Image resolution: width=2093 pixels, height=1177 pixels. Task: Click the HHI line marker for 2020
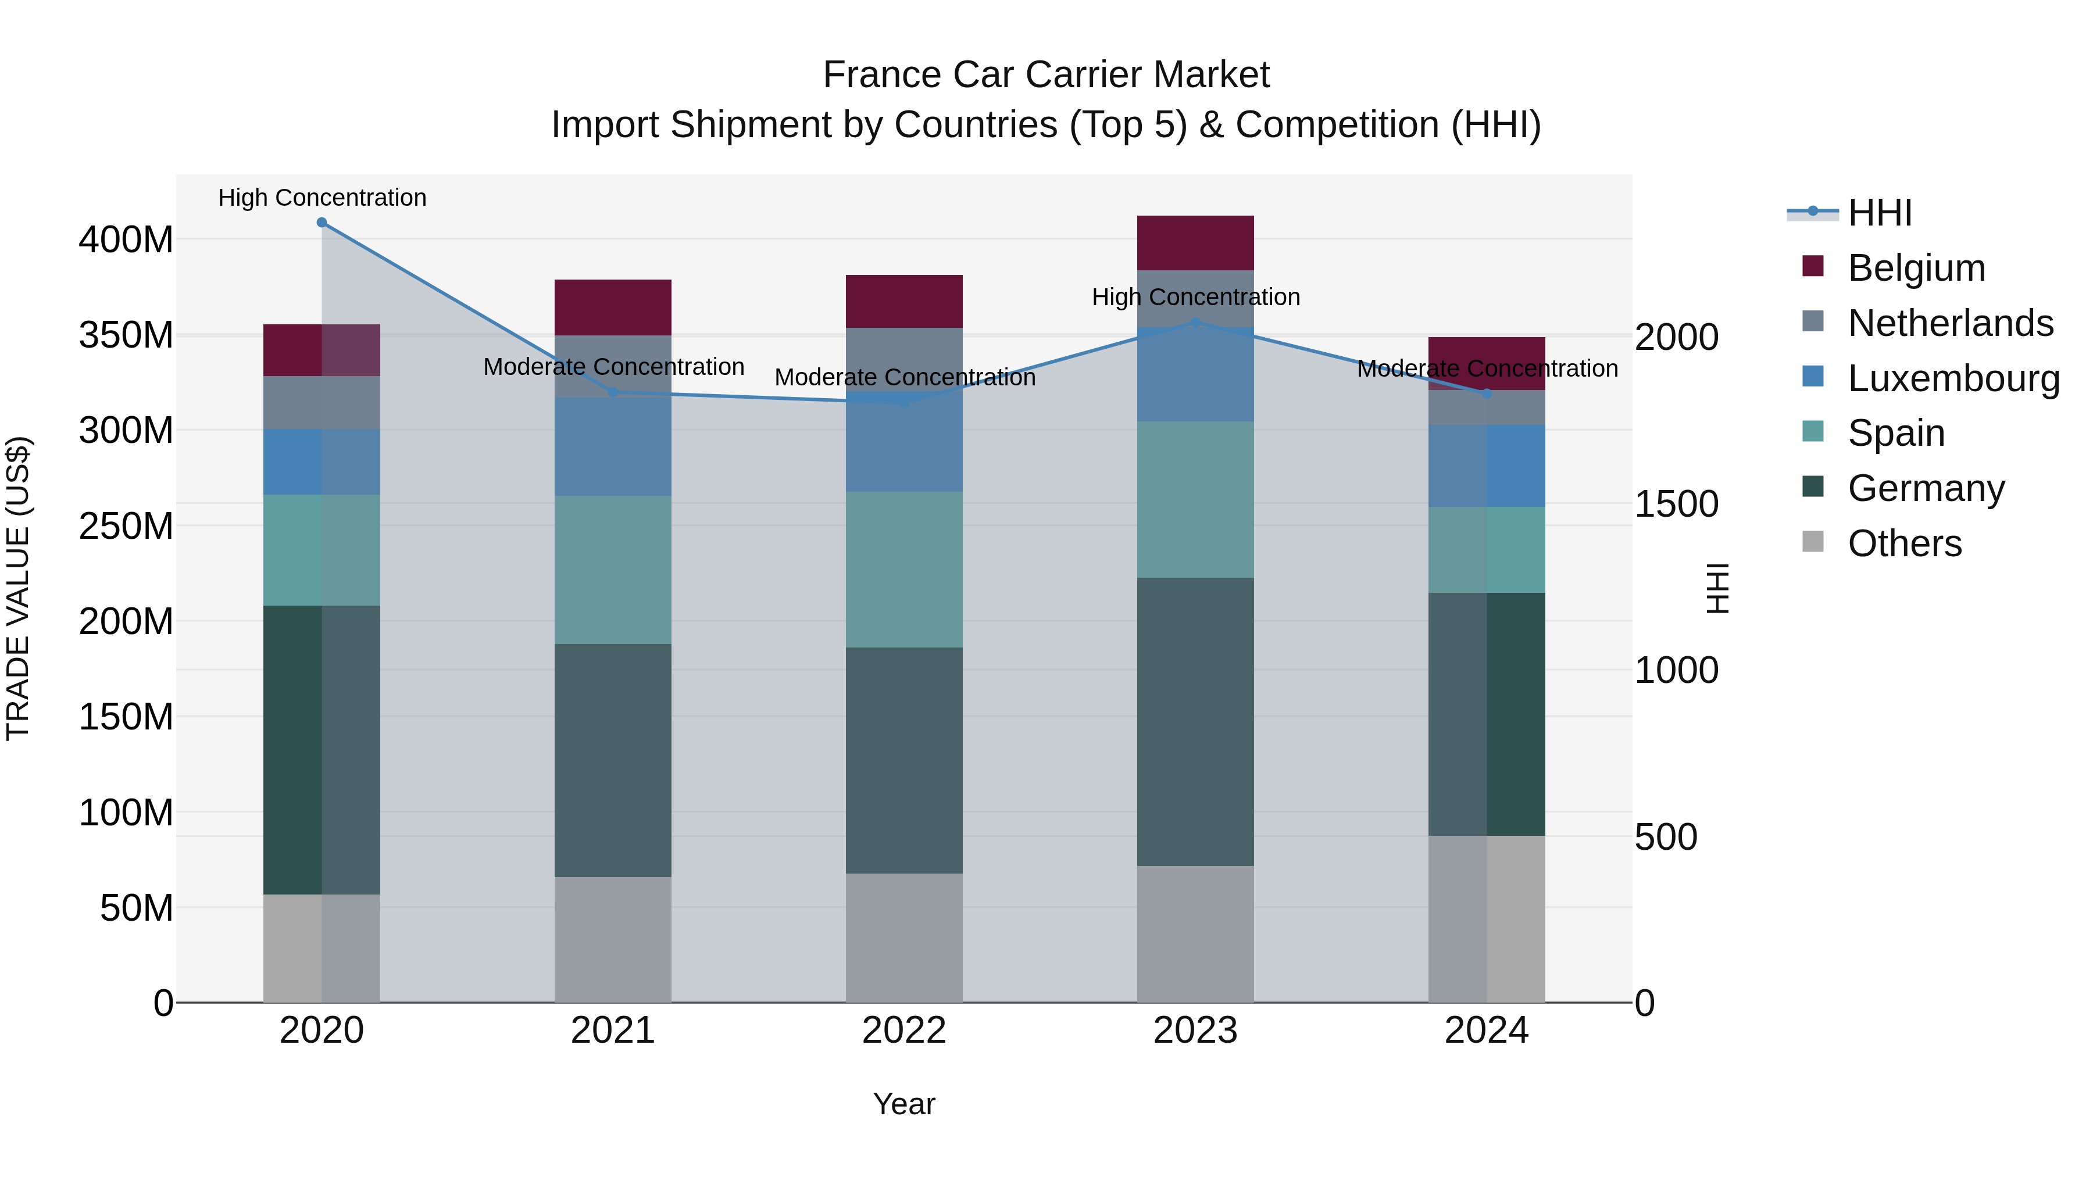tap(322, 223)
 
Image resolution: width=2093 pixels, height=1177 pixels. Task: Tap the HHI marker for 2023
tap(1195, 323)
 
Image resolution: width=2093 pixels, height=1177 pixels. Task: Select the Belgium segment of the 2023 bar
tap(1195, 243)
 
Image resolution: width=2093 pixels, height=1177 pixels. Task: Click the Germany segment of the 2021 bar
tap(613, 760)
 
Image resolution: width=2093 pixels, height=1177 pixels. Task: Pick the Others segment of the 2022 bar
tap(904, 938)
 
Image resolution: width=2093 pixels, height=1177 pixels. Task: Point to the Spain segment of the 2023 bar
tap(1195, 499)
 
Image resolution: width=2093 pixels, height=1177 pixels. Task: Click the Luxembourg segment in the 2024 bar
tap(1487, 466)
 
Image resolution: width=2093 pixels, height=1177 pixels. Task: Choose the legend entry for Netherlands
tap(1950, 323)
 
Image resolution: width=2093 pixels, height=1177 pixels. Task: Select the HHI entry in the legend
tap(1879, 213)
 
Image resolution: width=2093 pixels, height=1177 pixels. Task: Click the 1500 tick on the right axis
tap(1676, 505)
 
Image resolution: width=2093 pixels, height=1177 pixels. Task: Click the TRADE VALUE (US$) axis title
tap(18, 588)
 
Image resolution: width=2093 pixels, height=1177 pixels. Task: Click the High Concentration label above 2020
tap(322, 198)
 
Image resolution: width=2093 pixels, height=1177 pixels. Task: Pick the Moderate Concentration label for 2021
tap(613, 367)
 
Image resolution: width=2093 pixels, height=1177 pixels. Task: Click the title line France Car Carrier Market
tap(1046, 75)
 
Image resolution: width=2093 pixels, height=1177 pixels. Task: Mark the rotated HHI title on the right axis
tap(1717, 588)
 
